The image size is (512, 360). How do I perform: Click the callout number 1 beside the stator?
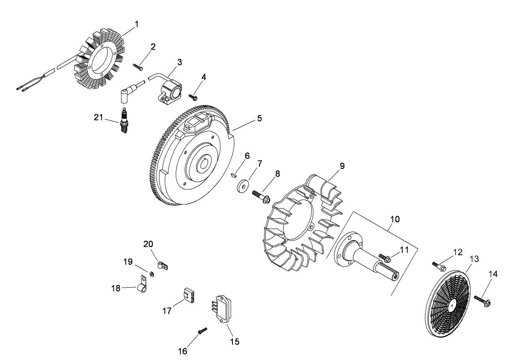click(137, 24)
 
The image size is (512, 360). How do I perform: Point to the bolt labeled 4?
click(193, 97)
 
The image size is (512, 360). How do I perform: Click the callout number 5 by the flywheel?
click(259, 118)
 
